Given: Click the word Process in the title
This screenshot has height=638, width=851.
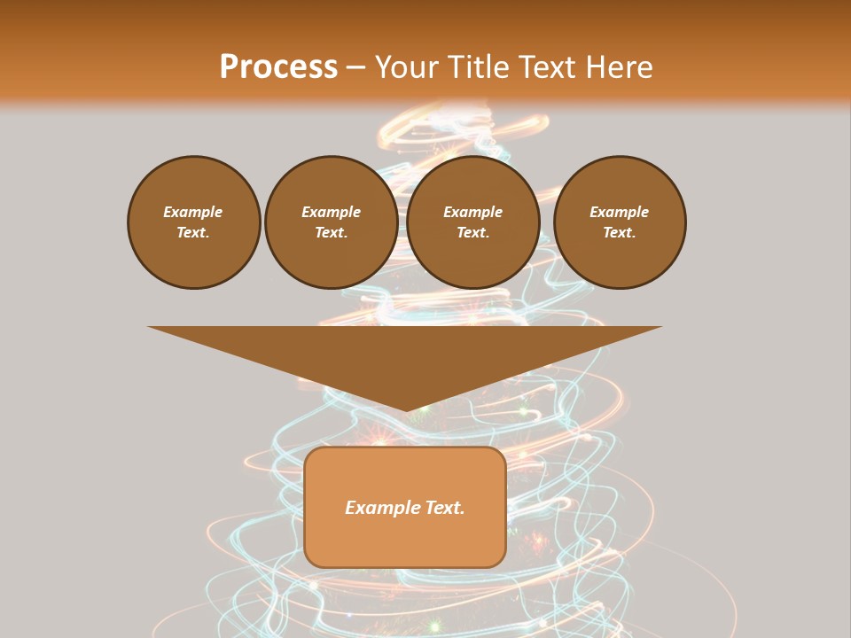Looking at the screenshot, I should click(x=278, y=67).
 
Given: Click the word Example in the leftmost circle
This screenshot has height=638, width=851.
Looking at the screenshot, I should click(x=193, y=212).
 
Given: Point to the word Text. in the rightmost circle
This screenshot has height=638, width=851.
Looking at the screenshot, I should click(x=619, y=232).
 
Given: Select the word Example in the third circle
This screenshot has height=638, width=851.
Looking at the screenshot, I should click(x=472, y=212).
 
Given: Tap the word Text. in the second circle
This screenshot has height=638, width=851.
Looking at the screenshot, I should click(x=331, y=232).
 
